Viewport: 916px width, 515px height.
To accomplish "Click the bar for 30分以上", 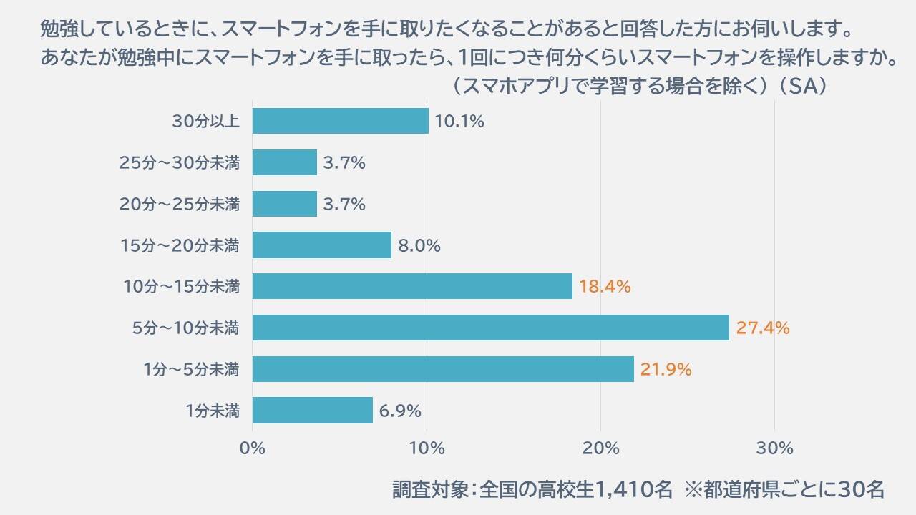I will [340, 121].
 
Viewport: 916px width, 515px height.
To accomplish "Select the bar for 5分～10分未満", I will [490, 328].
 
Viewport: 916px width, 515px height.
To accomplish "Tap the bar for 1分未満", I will [312, 411].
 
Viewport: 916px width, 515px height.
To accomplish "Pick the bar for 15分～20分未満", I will [321, 245].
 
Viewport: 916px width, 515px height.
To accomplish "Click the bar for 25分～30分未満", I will [284, 162].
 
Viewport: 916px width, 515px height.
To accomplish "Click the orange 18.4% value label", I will [605, 287].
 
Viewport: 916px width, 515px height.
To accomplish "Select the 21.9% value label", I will [666, 370].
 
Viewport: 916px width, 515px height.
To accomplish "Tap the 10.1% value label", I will [459, 122].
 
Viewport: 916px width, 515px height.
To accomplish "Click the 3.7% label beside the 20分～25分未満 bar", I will [344, 205].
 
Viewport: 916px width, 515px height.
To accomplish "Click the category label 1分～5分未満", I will [190, 370].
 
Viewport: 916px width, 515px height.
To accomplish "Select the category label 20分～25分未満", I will [179, 205].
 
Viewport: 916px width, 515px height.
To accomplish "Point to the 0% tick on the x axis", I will [253, 448].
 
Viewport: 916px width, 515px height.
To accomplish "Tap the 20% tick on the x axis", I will [601, 448].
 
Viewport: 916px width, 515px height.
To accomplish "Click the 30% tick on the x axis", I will [775, 448].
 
